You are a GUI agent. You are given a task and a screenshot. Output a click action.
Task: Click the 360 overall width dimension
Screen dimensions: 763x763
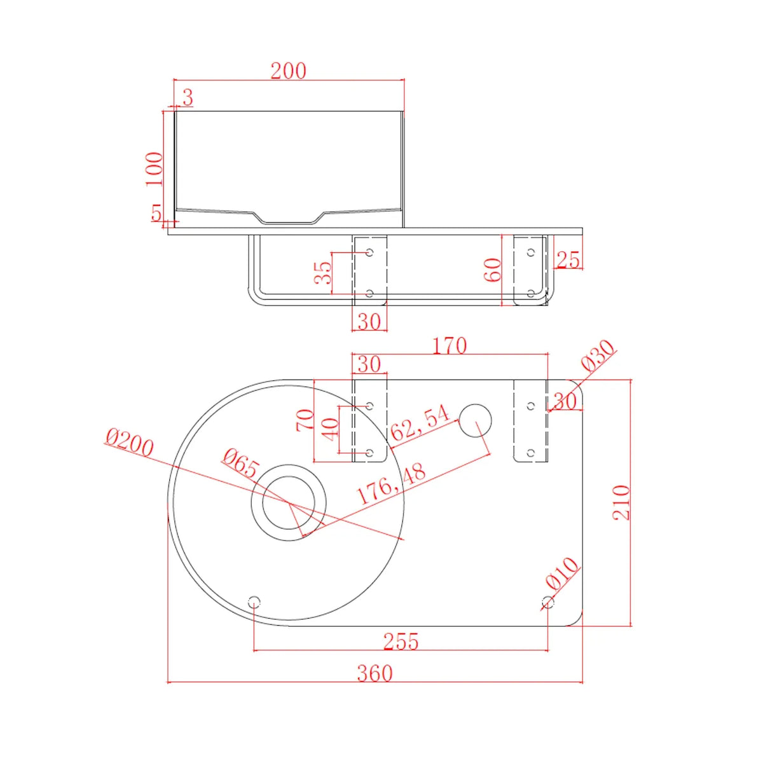[x=374, y=673]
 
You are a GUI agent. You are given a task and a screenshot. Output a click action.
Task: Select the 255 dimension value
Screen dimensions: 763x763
[x=401, y=641]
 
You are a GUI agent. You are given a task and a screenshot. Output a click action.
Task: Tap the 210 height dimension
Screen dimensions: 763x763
[x=621, y=502]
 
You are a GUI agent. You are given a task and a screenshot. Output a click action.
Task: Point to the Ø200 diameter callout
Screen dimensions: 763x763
[x=129, y=443]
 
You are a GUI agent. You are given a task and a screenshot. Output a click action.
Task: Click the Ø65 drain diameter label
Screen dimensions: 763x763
[x=240, y=464]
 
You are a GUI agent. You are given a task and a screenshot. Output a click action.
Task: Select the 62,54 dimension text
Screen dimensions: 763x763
[x=420, y=423]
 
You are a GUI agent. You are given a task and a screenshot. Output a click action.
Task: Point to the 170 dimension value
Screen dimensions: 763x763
[x=450, y=346]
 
